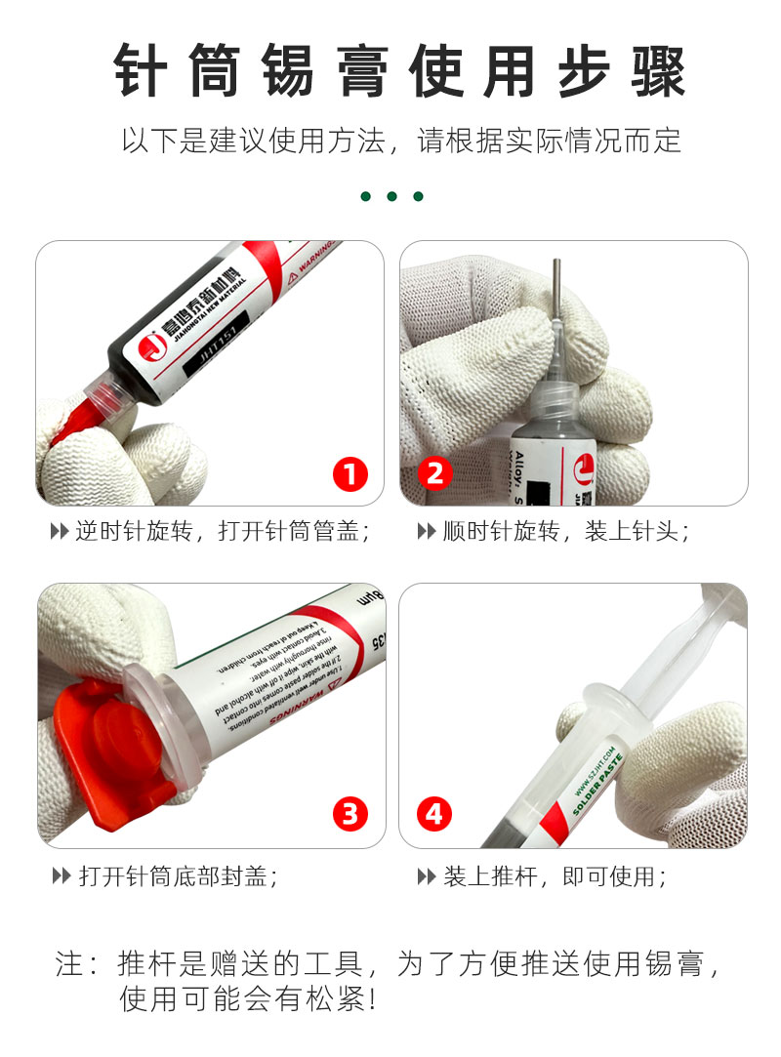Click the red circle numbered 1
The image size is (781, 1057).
(350, 474)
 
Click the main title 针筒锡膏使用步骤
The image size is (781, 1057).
(390, 70)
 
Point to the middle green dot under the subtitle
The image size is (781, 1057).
(391, 196)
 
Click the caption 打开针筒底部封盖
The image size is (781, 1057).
(176, 875)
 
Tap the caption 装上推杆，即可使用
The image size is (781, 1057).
(553, 875)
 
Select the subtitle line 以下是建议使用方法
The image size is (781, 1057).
(400, 141)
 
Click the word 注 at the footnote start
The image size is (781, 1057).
(70, 964)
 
